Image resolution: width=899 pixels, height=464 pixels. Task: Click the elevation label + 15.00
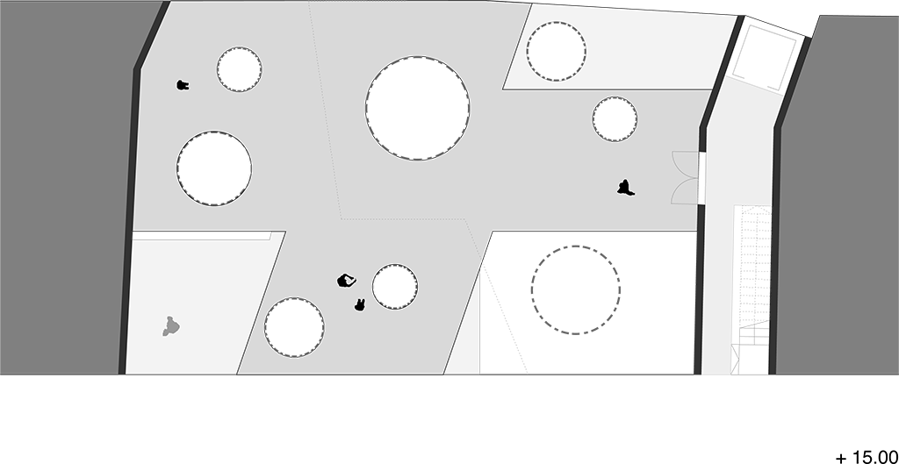click(x=867, y=458)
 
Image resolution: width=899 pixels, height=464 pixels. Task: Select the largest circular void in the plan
click(x=417, y=108)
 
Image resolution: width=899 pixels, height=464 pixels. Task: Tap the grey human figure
click(x=170, y=326)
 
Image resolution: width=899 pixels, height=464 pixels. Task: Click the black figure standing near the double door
click(x=625, y=188)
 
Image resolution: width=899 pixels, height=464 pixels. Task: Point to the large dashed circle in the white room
click(x=575, y=289)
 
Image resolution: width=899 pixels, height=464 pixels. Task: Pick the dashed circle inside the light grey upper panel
click(x=556, y=51)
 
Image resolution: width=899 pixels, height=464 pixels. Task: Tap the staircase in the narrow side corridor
click(x=752, y=289)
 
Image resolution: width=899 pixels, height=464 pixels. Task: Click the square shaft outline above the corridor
click(x=765, y=58)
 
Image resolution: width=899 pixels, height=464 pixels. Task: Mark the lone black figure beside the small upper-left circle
click(x=183, y=85)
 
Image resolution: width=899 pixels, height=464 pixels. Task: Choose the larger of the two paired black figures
click(x=346, y=281)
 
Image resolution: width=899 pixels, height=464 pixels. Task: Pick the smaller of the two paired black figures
click(x=359, y=304)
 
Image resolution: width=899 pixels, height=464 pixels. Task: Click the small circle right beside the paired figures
click(x=395, y=287)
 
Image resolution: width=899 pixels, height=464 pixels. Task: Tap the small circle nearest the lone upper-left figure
click(x=239, y=69)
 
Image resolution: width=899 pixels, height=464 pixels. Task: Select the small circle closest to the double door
click(x=615, y=119)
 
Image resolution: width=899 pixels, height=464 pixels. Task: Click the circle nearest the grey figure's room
click(x=294, y=327)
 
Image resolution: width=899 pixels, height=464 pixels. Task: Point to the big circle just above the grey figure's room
click(x=214, y=168)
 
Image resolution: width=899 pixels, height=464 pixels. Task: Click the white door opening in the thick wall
click(x=701, y=177)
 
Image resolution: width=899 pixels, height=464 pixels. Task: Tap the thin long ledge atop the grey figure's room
click(x=201, y=235)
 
